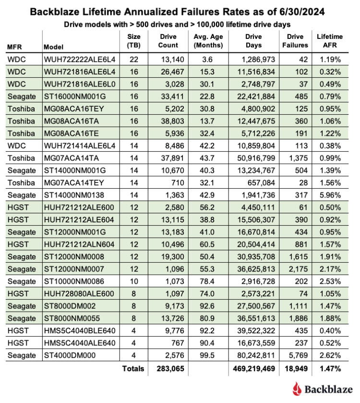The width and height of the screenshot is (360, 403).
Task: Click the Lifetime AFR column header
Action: (330, 41)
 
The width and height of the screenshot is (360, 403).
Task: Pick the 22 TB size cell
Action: (134, 60)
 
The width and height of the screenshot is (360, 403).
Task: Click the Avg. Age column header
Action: (208, 41)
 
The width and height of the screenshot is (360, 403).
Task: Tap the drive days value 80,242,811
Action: (254, 355)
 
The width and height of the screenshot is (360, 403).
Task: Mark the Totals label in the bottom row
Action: (132, 369)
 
